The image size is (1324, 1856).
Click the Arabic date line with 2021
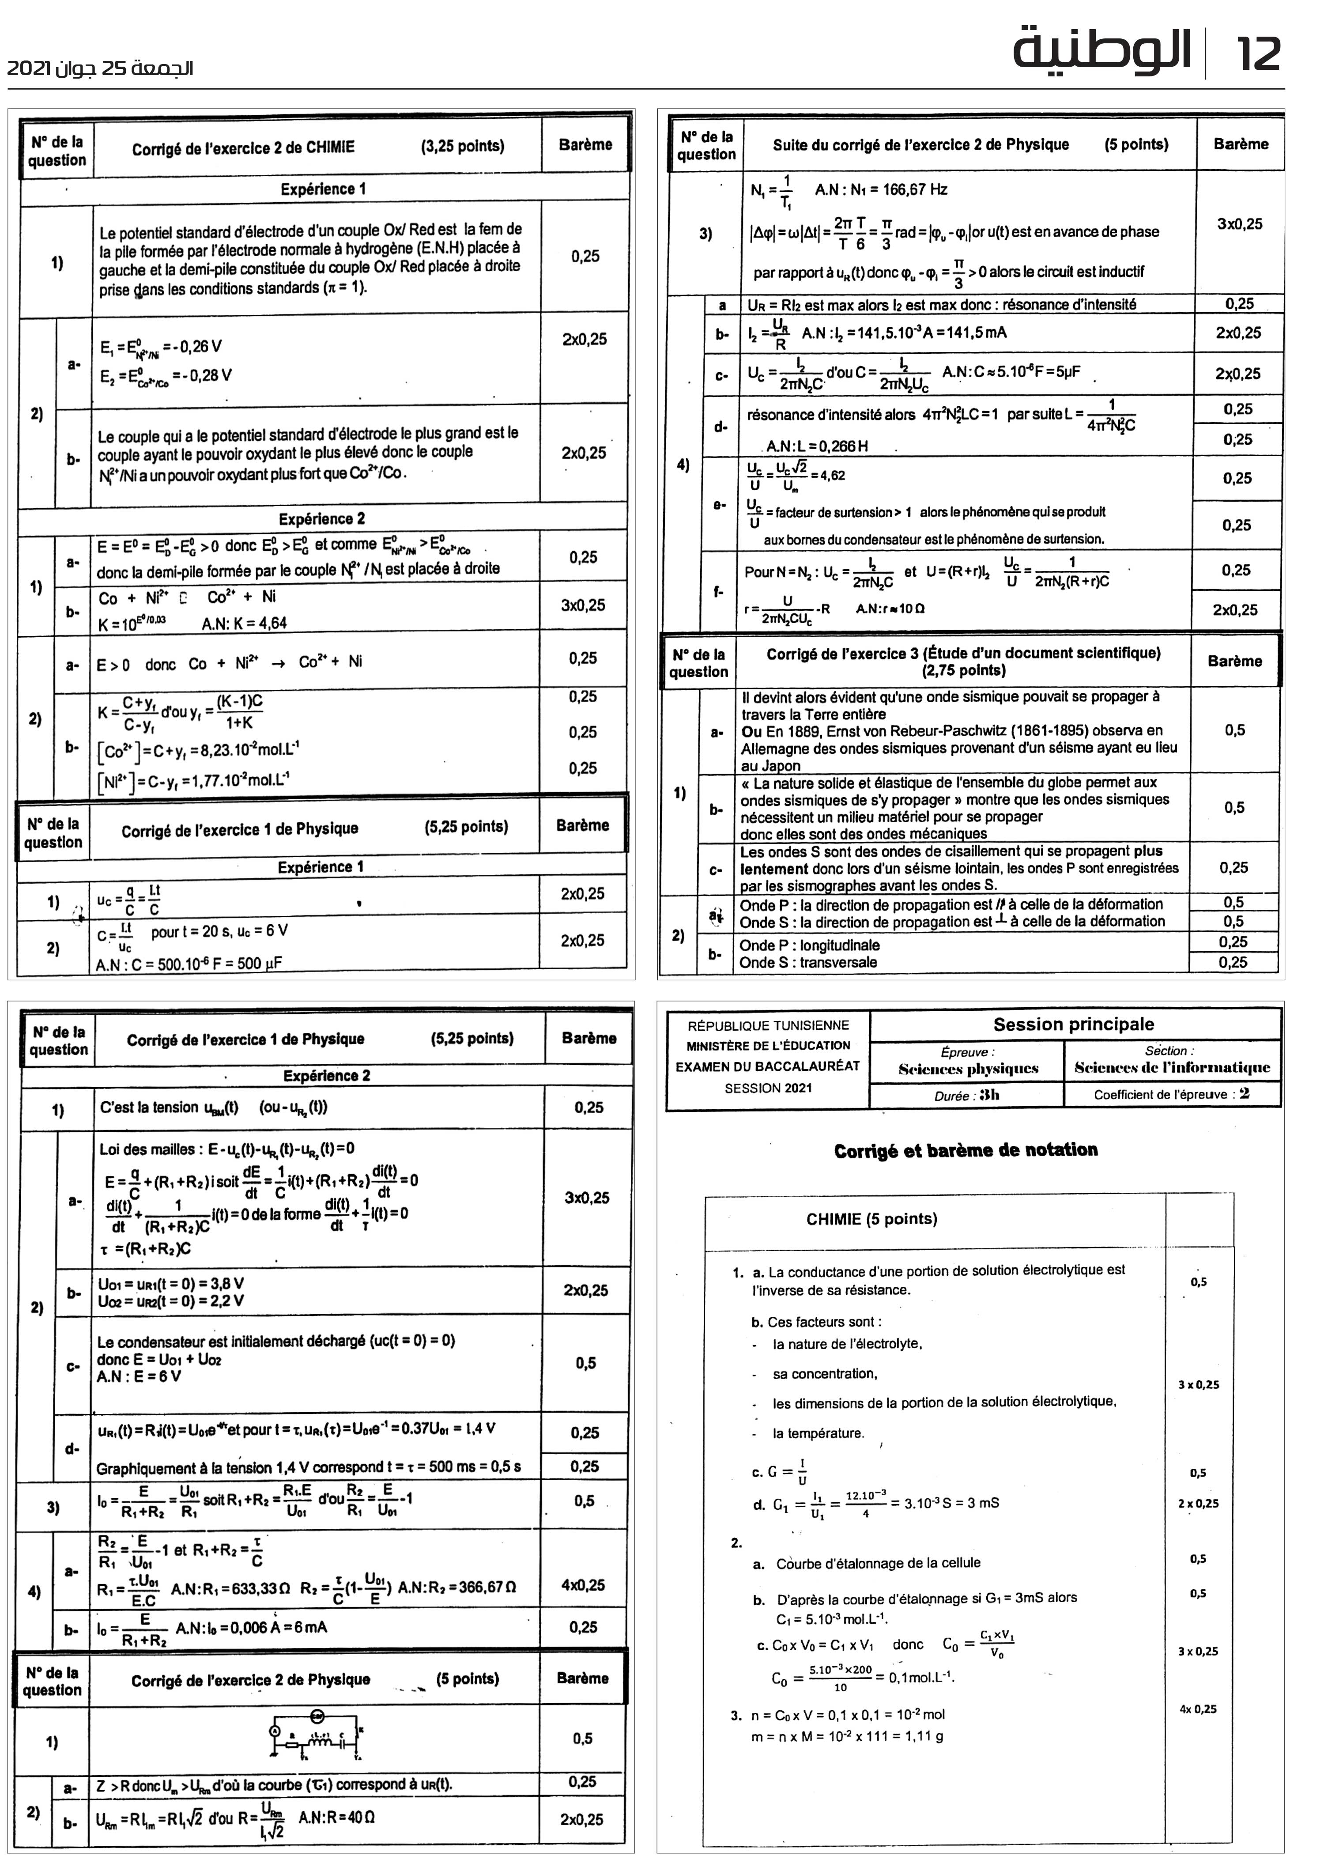tap(99, 68)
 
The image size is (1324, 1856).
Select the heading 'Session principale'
tap(1073, 1024)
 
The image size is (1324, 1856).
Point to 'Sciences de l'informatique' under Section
tap(1172, 1067)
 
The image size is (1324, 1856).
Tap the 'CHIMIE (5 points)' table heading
tap(871, 1219)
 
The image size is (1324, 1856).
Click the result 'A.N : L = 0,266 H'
tap(817, 446)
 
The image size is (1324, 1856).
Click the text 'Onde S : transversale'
tap(808, 962)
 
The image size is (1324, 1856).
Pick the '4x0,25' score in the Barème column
tap(583, 1585)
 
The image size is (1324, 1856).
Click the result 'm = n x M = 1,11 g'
tap(847, 1737)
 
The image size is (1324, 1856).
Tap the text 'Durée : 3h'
tap(966, 1095)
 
